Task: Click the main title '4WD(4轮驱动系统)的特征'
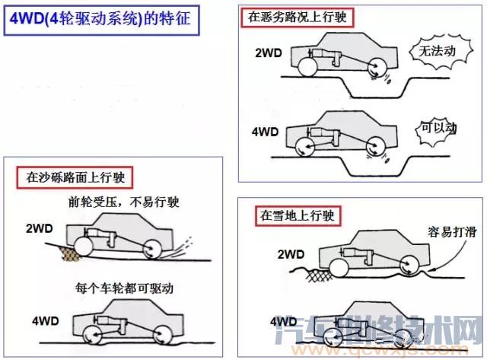[101, 21]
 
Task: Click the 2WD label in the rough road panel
[269, 54]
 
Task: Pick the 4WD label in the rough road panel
[266, 131]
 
